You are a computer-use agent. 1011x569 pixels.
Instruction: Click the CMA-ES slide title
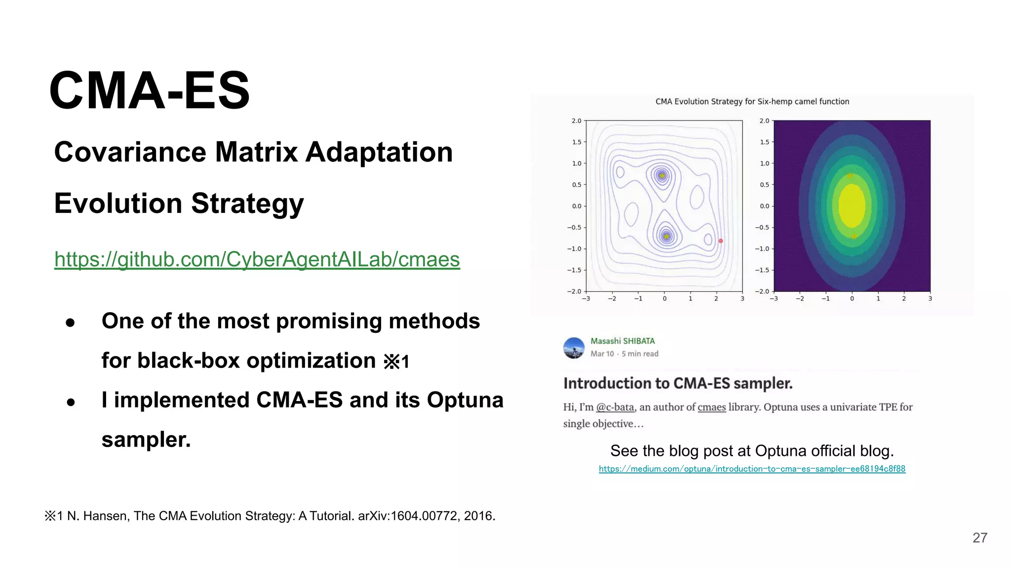(x=149, y=91)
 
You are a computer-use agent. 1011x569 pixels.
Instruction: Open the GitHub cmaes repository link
(x=257, y=259)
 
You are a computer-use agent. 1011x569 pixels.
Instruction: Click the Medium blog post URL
(x=752, y=469)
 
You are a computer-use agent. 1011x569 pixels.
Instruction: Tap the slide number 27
(x=979, y=538)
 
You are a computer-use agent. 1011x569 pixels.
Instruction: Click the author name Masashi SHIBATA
(x=622, y=341)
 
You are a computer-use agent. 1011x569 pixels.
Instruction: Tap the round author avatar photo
(x=574, y=348)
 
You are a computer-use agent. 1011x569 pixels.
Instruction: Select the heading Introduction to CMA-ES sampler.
(x=678, y=383)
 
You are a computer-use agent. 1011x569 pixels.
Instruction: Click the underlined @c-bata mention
(x=615, y=407)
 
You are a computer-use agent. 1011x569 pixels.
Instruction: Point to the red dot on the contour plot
(x=721, y=241)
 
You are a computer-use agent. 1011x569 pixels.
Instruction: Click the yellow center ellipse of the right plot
(x=852, y=205)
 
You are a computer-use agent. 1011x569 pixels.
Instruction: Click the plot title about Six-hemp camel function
(x=752, y=102)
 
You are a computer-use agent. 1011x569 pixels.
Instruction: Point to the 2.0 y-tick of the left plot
(x=576, y=121)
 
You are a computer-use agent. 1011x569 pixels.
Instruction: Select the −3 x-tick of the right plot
(x=774, y=299)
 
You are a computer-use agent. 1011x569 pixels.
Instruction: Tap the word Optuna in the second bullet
(x=465, y=400)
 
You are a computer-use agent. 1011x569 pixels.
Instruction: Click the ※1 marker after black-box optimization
(x=396, y=362)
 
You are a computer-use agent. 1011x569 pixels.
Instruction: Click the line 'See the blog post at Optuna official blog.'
(x=752, y=451)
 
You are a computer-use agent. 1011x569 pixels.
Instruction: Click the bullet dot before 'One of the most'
(x=70, y=323)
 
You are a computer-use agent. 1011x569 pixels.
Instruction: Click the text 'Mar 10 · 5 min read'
(x=624, y=354)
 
